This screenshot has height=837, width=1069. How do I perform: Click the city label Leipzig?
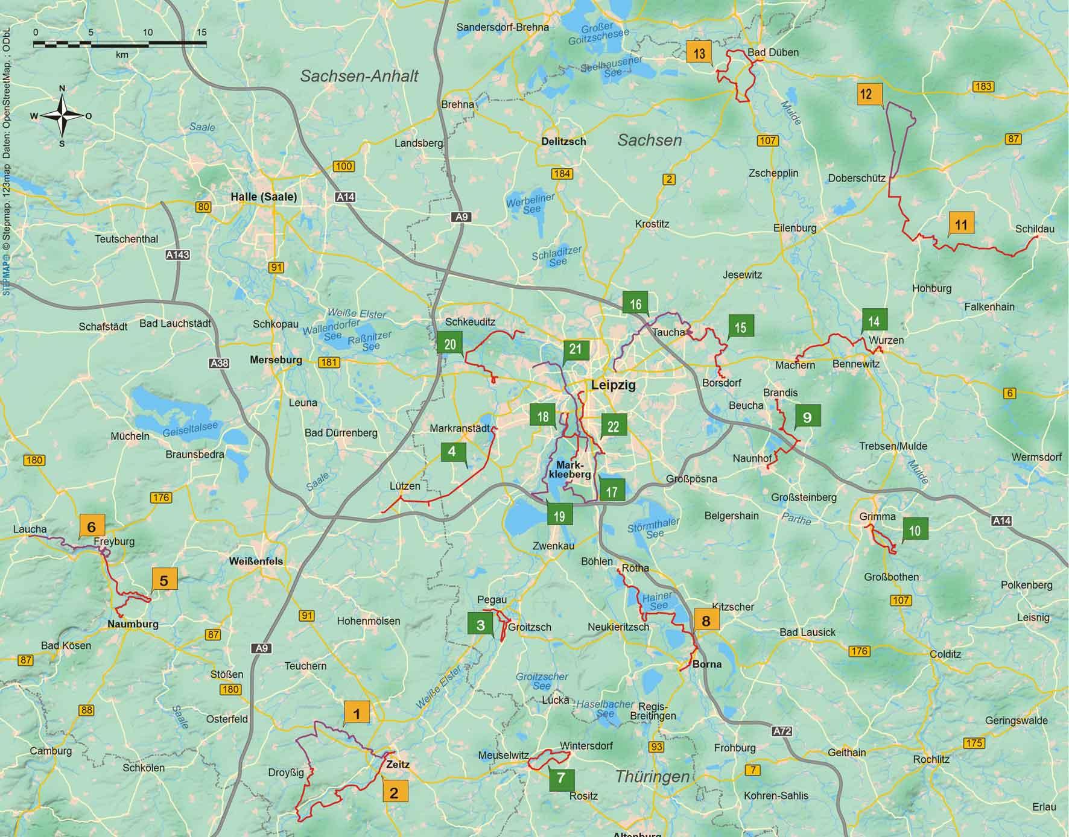pyautogui.click(x=613, y=385)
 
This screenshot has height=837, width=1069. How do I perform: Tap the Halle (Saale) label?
pyautogui.click(x=264, y=197)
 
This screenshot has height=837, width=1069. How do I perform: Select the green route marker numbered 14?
pyautogui.click(x=874, y=321)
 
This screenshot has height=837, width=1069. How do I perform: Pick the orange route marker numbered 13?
pyautogui.click(x=699, y=53)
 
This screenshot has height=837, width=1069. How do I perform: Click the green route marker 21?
pyautogui.click(x=576, y=349)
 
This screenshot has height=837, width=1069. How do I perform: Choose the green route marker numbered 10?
pyautogui.click(x=915, y=530)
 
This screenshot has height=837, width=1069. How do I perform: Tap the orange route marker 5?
pyautogui.click(x=164, y=580)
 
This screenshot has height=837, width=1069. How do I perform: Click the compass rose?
pyautogui.click(x=62, y=116)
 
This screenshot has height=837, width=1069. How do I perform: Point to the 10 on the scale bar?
pyautogui.click(x=148, y=32)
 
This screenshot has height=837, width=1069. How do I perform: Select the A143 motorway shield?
pyautogui.click(x=178, y=254)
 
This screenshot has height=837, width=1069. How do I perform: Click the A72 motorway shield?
pyautogui.click(x=782, y=731)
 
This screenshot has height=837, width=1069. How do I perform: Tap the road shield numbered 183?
pyautogui.click(x=983, y=86)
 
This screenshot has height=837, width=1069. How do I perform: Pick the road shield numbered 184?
pyautogui.click(x=562, y=174)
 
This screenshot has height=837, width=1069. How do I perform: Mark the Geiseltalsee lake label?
pyautogui.click(x=190, y=429)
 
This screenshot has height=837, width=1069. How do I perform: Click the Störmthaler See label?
pyautogui.click(x=654, y=528)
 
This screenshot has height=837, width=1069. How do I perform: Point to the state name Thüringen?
pyautogui.click(x=652, y=776)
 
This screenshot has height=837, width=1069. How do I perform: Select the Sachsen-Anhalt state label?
pyautogui.click(x=359, y=76)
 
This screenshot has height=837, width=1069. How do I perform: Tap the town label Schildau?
pyautogui.click(x=1035, y=229)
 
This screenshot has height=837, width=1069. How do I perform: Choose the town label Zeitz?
pyautogui.click(x=398, y=764)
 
